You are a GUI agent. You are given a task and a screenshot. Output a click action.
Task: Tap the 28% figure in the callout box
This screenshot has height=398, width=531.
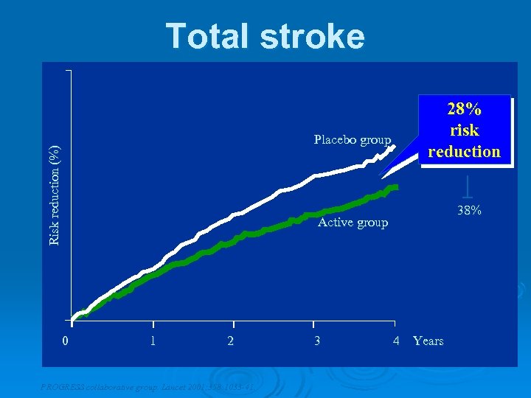[465, 109]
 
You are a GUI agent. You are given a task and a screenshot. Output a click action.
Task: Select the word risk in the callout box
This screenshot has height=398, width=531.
[465, 130]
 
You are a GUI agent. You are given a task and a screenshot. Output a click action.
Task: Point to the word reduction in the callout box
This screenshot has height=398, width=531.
[465, 151]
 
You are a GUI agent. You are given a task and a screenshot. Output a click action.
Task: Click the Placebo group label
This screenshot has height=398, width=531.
[352, 139]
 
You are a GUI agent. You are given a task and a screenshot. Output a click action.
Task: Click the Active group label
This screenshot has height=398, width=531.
[352, 223]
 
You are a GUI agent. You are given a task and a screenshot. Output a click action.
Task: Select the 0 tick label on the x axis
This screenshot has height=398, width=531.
[66, 341]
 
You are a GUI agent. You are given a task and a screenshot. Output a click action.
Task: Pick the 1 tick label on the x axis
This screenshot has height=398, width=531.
[152, 341]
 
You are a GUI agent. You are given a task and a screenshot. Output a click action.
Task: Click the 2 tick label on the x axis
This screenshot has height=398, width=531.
[231, 341]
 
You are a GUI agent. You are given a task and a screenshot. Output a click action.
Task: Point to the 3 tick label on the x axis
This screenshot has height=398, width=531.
[317, 341]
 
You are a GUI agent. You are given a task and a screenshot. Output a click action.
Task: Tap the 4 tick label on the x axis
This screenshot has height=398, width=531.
[396, 341]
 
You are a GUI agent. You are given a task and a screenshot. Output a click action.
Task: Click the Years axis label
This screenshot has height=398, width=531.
[428, 341]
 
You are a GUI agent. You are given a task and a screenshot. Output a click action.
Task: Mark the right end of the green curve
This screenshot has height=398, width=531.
[395, 187]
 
